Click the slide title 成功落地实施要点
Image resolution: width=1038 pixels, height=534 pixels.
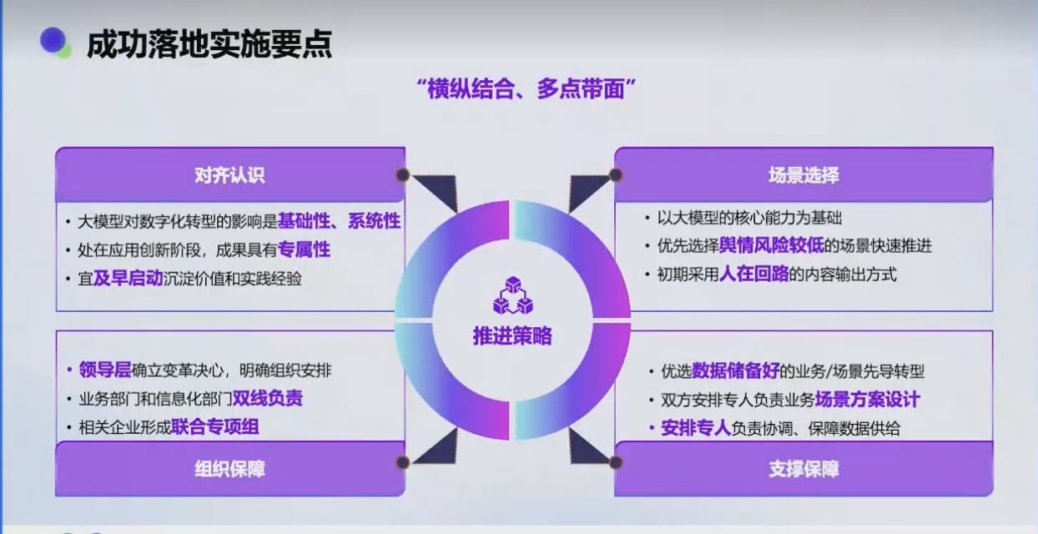[x=209, y=44]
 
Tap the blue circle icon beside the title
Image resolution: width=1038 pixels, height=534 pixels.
[x=53, y=40]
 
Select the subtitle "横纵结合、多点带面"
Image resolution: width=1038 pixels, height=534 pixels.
[x=526, y=88]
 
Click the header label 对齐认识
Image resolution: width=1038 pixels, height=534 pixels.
[x=229, y=175]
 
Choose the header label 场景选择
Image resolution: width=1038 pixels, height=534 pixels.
[x=804, y=175]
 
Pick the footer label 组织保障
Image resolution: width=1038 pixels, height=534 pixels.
[x=229, y=469]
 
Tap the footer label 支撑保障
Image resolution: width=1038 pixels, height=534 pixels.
[x=804, y=469]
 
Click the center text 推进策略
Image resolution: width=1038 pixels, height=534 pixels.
[x=512, y=335]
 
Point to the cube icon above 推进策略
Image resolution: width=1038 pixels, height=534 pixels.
[x=512, y=295]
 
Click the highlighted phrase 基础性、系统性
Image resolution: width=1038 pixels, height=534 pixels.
[x=340, y=221]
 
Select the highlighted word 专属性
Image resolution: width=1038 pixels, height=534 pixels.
[x=304, y=249]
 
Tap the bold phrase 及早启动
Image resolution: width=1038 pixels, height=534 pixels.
[x=128, y=278]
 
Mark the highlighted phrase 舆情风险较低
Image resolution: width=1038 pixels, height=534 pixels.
[x=772, y=245]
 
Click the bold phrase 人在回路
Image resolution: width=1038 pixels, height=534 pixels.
[x=754, y=274]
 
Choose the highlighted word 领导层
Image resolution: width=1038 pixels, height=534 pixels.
[x=105, y=370]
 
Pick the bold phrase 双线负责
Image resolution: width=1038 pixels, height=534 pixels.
[x=267, y=398]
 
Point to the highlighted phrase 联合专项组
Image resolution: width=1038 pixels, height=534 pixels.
[x=215, y=426]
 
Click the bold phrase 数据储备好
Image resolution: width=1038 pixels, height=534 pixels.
[x=735, y=370]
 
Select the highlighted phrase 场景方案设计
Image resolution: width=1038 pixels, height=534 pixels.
[x=867, y=399]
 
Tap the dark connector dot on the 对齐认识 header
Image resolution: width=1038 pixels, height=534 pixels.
[x=403, y=174]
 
